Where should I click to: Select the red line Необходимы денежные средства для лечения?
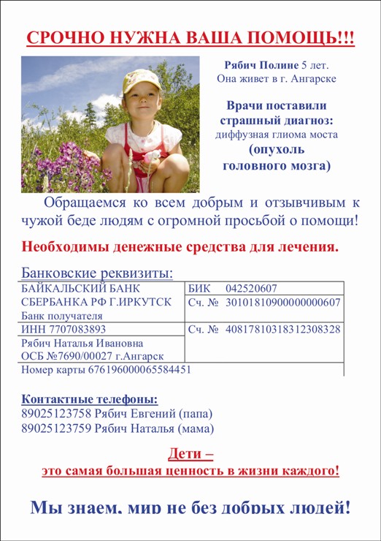pyautogui.click(x=180, y=246)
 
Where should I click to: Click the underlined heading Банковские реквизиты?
pyautogui.click(x=98, y=273)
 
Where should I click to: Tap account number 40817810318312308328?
pyautogui.click(x=282, y=329)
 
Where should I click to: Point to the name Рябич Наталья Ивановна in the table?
pyautogui.click(x=72, y=343)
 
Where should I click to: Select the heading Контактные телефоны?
pyautogui.click(x=89, y=400)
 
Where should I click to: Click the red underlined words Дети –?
pyautogui.click(x=190, y=453)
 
